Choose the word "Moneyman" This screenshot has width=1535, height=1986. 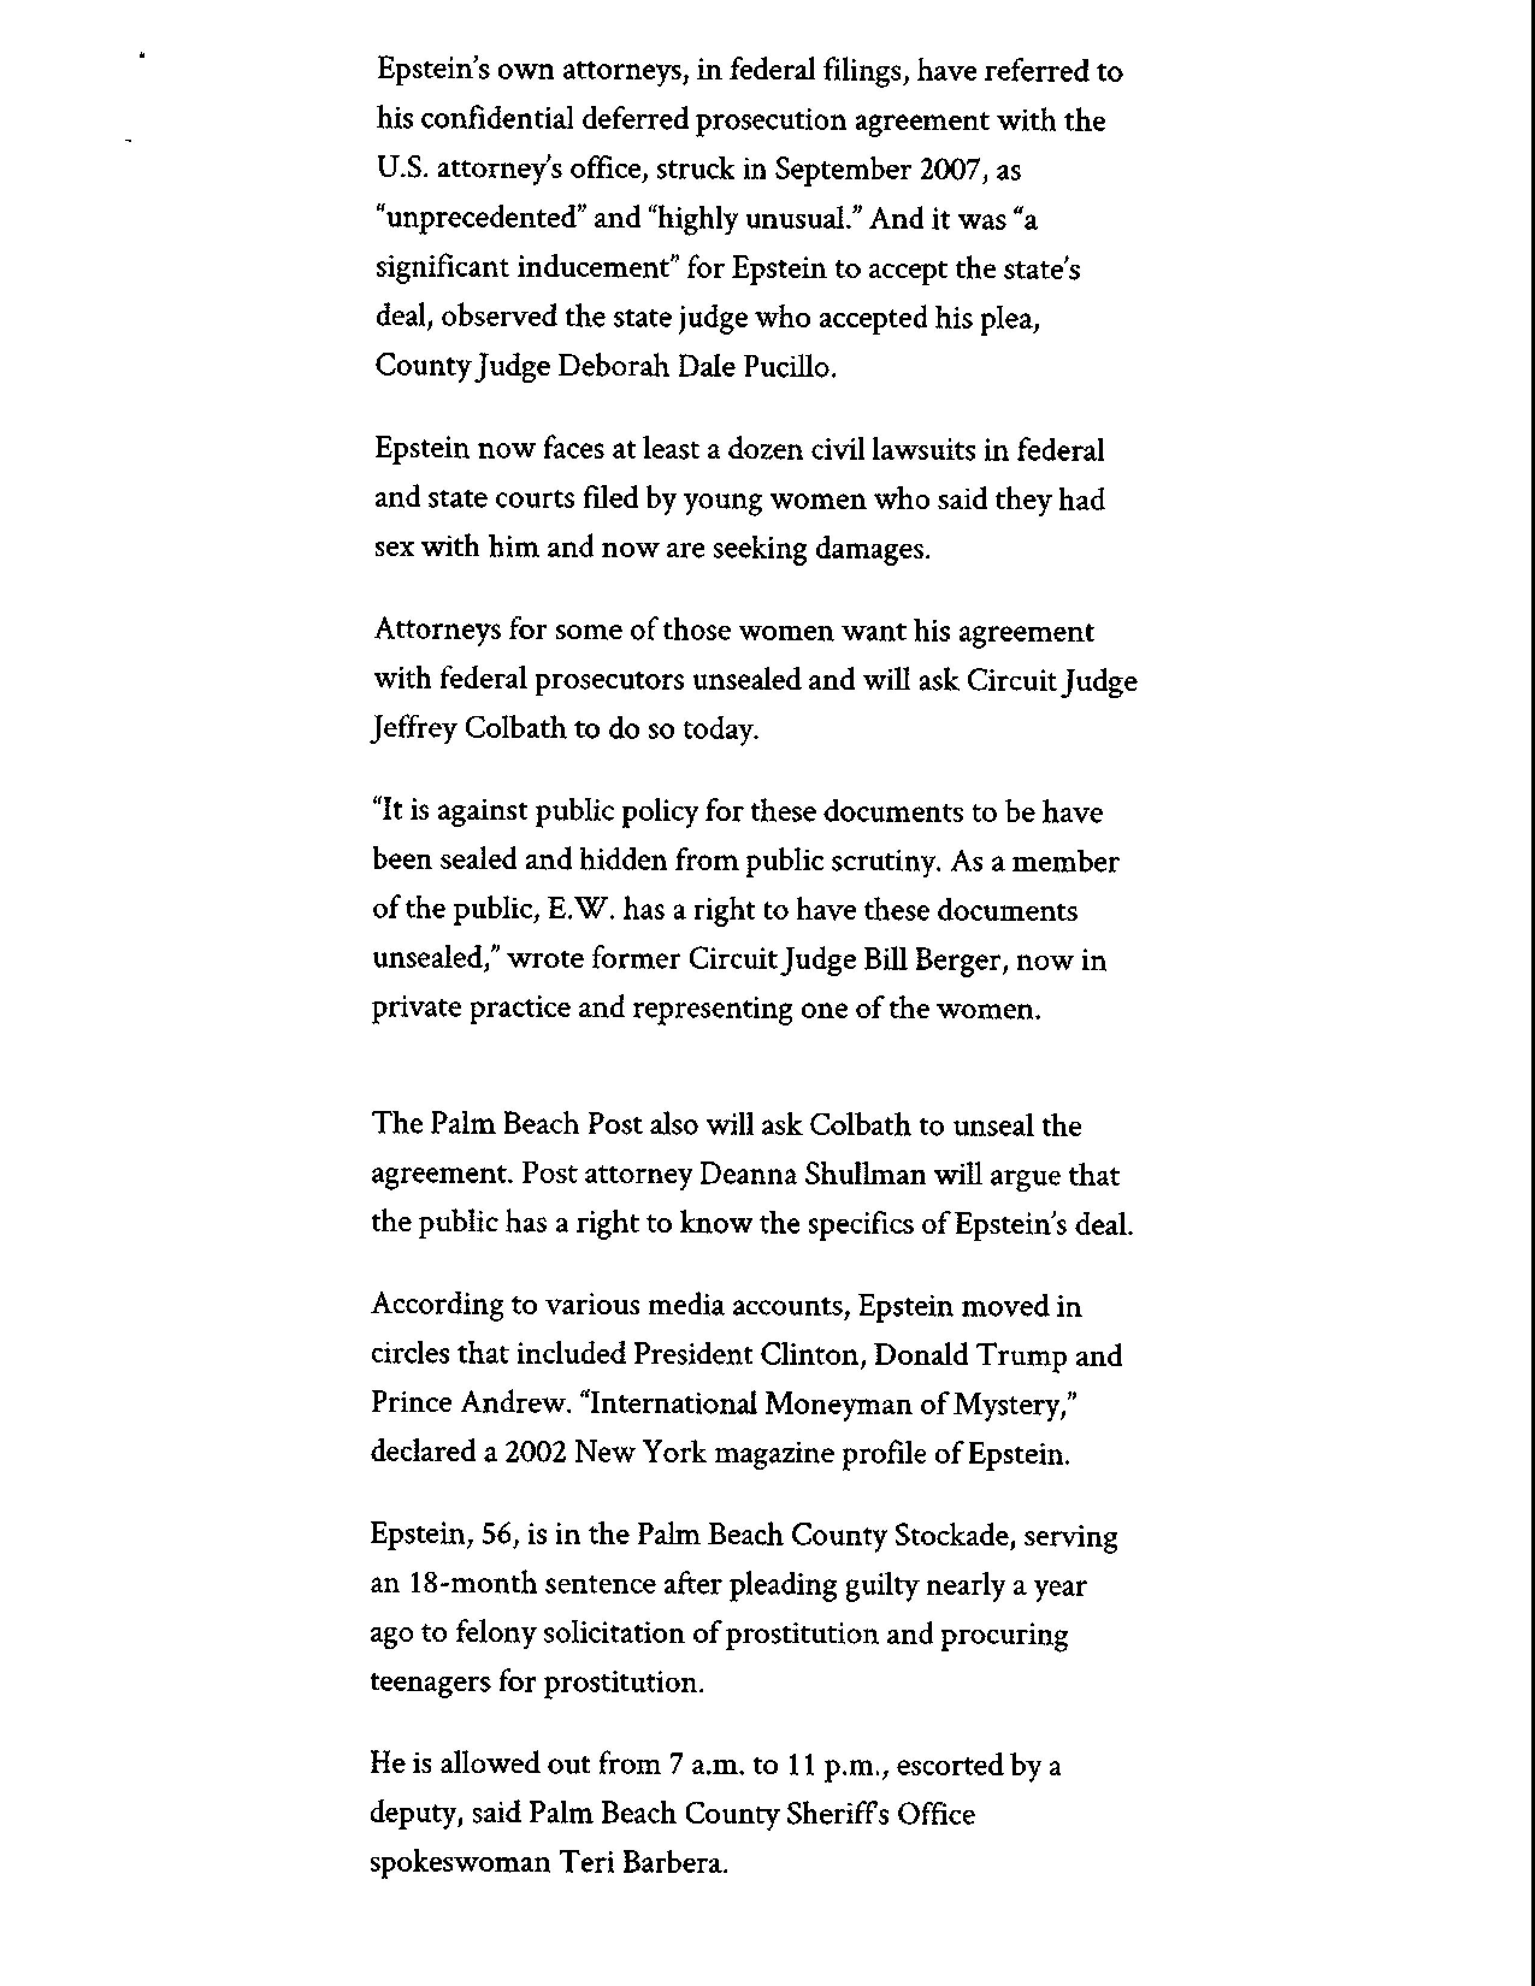tap(837, 1404)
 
